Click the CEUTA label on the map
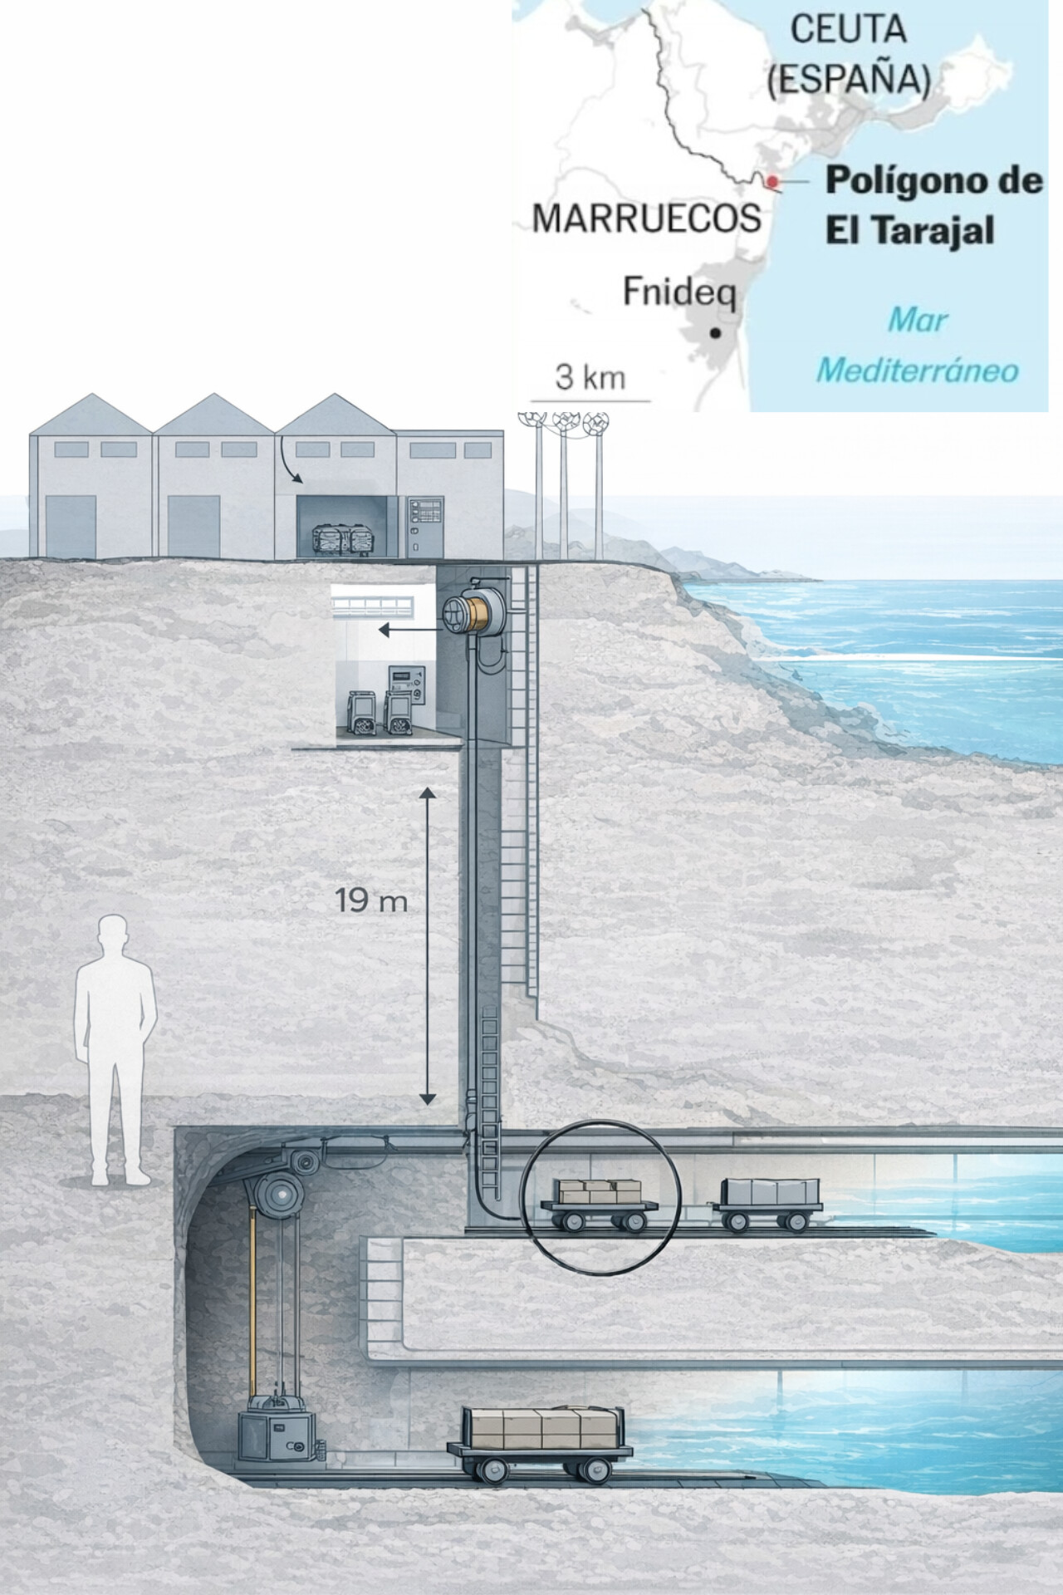[x=847, y=30]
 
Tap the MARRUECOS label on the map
[x=646, y=218]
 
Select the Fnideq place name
[x=679, y=292]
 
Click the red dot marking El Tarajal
[x=772, y=181]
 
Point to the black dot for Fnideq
[x=714, y=333]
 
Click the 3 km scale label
[x=590, y=377]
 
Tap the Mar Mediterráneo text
[x=917, y=345]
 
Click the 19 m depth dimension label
[x=371, y=901]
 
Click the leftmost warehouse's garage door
[x=69, y=525]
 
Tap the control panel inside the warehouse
[x=424, y=527]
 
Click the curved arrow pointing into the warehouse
[x=291, y=464]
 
